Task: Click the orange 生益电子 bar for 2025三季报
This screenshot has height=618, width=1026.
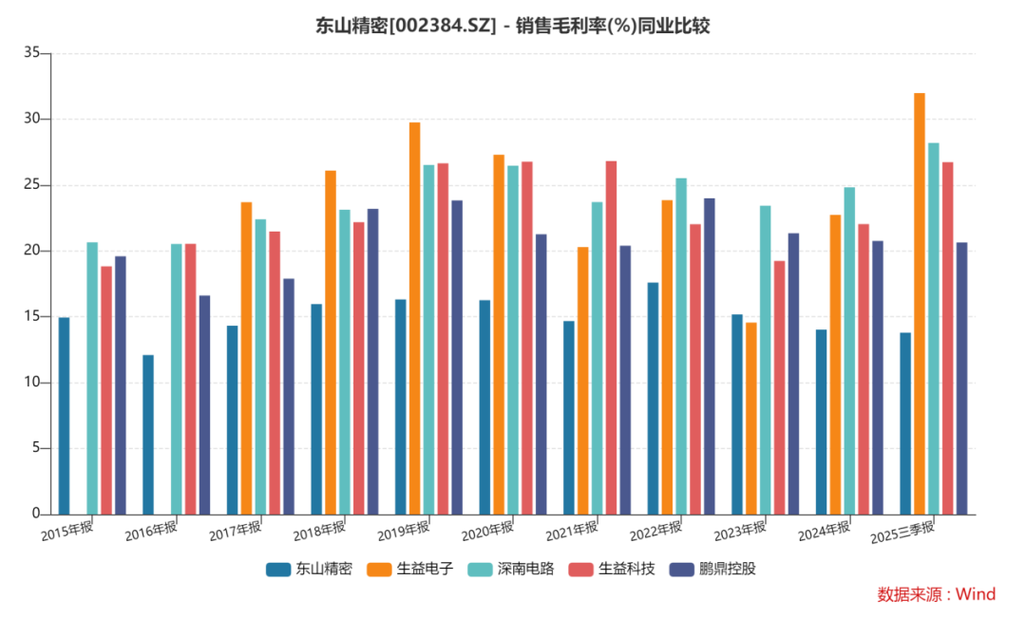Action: tap(920, 304)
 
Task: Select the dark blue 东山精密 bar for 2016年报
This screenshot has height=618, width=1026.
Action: tap(148, 435)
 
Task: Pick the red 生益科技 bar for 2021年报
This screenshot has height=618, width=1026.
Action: tap(611, 338)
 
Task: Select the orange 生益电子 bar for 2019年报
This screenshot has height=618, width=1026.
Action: tap(414, 318)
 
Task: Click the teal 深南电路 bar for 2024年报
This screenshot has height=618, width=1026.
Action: tap(849, 351)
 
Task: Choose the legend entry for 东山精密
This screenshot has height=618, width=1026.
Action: tap(310, 570)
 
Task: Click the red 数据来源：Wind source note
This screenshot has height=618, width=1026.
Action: tap(936, 594)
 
